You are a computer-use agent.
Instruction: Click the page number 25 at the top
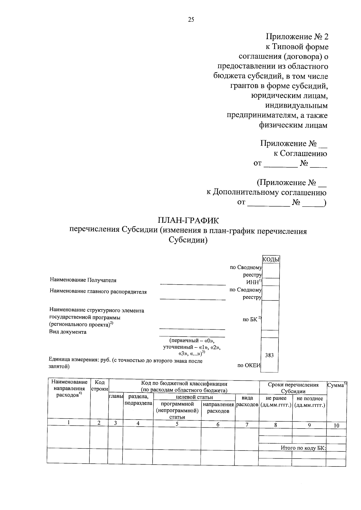191,20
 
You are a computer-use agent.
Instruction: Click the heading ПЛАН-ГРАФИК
188,221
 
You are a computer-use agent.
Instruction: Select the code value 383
269,355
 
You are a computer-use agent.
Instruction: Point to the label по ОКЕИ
249,365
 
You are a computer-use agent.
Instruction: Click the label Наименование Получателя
83,280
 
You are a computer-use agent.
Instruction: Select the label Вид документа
68,332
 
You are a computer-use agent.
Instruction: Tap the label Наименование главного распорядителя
98,292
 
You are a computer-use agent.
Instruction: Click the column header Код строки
99,386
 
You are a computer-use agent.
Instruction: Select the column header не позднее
310,399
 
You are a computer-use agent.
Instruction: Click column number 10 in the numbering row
336,425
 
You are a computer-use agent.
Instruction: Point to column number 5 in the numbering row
177,424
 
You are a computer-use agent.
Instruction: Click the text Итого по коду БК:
303,448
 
